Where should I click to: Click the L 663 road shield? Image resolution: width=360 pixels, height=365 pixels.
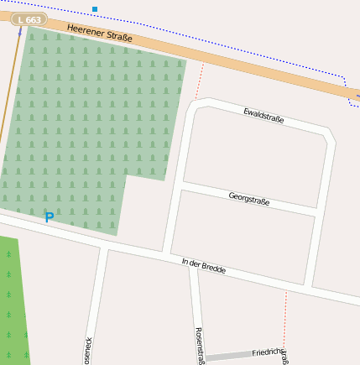coord(29,20)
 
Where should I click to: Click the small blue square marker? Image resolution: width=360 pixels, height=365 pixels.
coord(95,9)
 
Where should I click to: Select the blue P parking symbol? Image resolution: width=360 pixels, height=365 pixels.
coord(49,217)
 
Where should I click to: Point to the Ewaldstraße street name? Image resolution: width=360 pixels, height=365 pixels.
coord(263,116)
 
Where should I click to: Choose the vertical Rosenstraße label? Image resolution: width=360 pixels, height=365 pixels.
coord(200,345)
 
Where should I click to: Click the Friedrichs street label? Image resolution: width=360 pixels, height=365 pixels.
coord(269,352)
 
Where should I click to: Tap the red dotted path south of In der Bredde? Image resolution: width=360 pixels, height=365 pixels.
coord(285,315)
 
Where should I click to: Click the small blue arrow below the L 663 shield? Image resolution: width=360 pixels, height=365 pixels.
coord(20,31)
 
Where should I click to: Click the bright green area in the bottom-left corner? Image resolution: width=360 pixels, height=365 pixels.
coord(12,302)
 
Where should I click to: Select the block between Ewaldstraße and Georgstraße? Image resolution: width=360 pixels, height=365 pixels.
coord(252,159)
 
